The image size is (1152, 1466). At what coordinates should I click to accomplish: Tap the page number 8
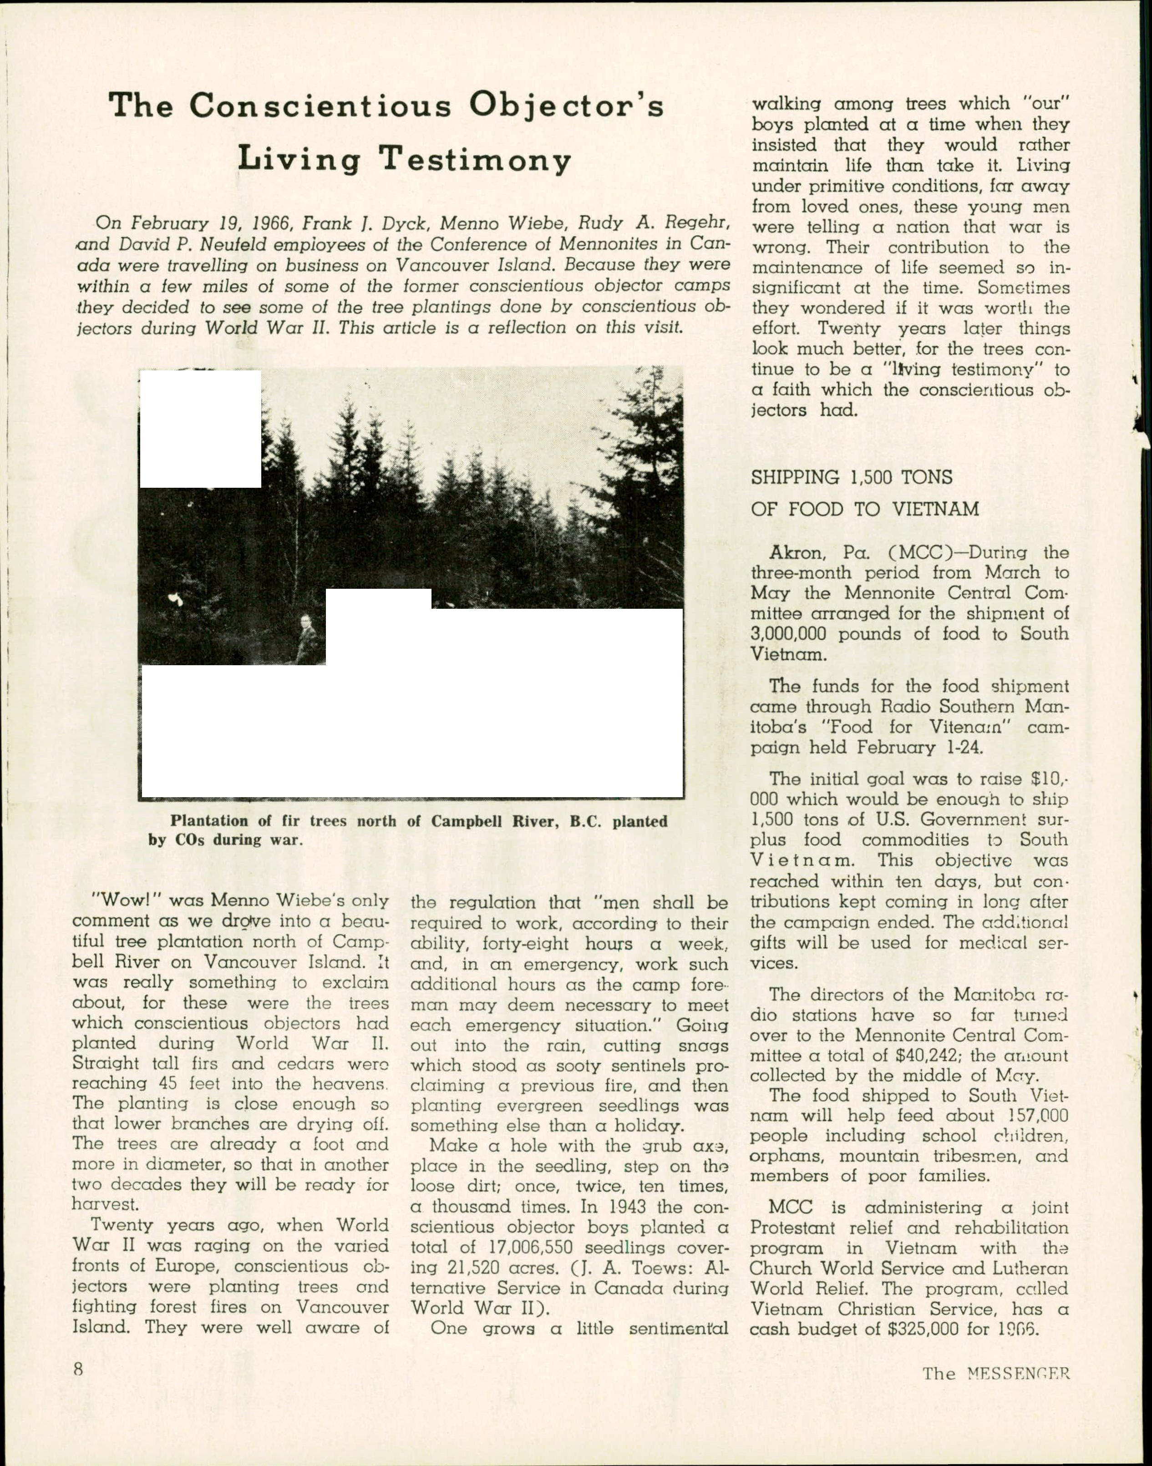point(79,1369)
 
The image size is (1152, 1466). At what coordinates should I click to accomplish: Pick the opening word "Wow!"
point(126,901)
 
